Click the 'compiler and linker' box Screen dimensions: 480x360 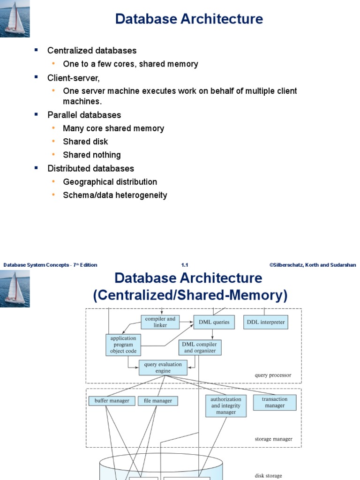(160, 322)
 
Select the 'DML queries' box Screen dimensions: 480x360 (214, 322)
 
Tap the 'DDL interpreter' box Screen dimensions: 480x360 (266, 322)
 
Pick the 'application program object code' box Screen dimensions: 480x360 (123, 345)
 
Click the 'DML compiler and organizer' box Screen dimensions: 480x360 (200, 347)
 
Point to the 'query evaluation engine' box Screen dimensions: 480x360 (164, 367)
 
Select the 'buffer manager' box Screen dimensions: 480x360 (112, 401)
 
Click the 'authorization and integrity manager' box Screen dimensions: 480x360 (226, 406)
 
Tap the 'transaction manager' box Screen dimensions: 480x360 (275, 403)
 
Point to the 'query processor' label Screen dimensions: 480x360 (273, 375)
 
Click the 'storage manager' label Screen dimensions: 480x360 (273, 439)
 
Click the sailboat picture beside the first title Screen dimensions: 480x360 (15, 18)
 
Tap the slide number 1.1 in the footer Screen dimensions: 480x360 (185, 265)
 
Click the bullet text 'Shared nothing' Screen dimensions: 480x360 (92, 155)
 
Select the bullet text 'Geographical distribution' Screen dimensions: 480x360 (110, 182)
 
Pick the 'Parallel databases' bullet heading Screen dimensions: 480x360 (84, 115)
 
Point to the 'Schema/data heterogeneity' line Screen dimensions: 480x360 (115, 195)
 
